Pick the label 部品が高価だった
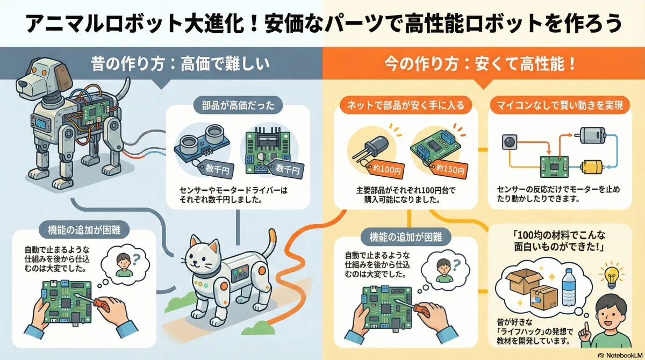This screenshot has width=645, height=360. [x=238, y=105]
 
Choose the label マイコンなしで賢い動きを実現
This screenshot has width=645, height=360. [x=559, y=105]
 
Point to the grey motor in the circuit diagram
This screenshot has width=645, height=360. [x=593, y=135]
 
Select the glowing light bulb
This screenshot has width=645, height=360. [x=612, y=276]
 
